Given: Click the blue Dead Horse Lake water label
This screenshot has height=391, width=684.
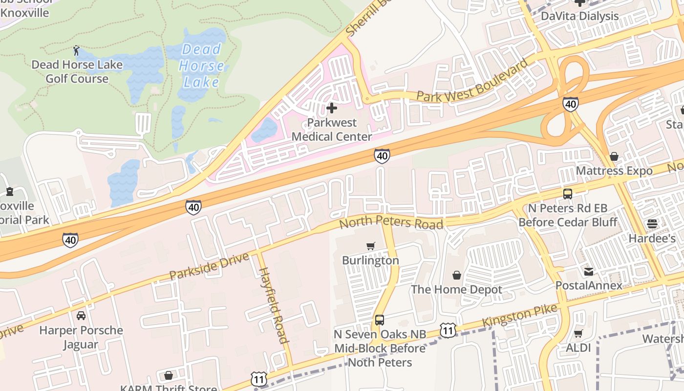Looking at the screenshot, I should [x=201, y=65].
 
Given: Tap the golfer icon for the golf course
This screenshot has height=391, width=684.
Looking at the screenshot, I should [x=77, y=50].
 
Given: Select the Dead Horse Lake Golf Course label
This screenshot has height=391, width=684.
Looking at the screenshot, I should [x=77, y=71].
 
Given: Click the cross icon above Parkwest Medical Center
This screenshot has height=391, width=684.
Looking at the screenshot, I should [x=332, y=108].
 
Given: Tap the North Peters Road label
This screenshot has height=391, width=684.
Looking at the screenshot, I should [x=391, y=223].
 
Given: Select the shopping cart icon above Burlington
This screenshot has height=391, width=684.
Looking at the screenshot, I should [x=371, y=246].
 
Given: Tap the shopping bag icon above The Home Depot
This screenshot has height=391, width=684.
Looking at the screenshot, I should [x=457, y=275].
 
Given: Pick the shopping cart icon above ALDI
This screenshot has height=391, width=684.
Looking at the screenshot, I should [x=578, y=334].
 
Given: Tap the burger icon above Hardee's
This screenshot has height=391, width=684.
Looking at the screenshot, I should [x=652, y=224].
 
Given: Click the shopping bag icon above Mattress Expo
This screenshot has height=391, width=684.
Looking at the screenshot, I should [x=614, y=156].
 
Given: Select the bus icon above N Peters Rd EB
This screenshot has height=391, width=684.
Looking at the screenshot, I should [x=568, y=194].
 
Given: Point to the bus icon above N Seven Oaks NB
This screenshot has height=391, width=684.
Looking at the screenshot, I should [x=380, y=320].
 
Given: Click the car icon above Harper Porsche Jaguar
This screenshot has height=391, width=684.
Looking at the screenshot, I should [x=81, y=316].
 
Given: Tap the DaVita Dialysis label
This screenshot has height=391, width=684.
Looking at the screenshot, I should [x=580, y=16].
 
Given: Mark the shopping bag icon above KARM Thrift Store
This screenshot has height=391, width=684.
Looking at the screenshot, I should [x=169, y=375].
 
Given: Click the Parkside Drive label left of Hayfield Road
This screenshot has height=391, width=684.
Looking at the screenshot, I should [x=209, y=266].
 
